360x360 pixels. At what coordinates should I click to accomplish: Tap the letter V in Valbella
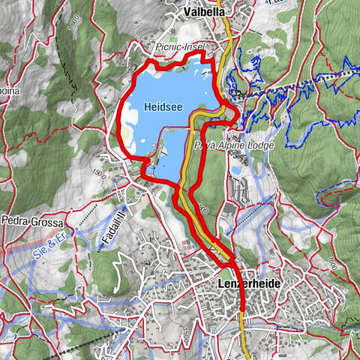click(x=187, y=12)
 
